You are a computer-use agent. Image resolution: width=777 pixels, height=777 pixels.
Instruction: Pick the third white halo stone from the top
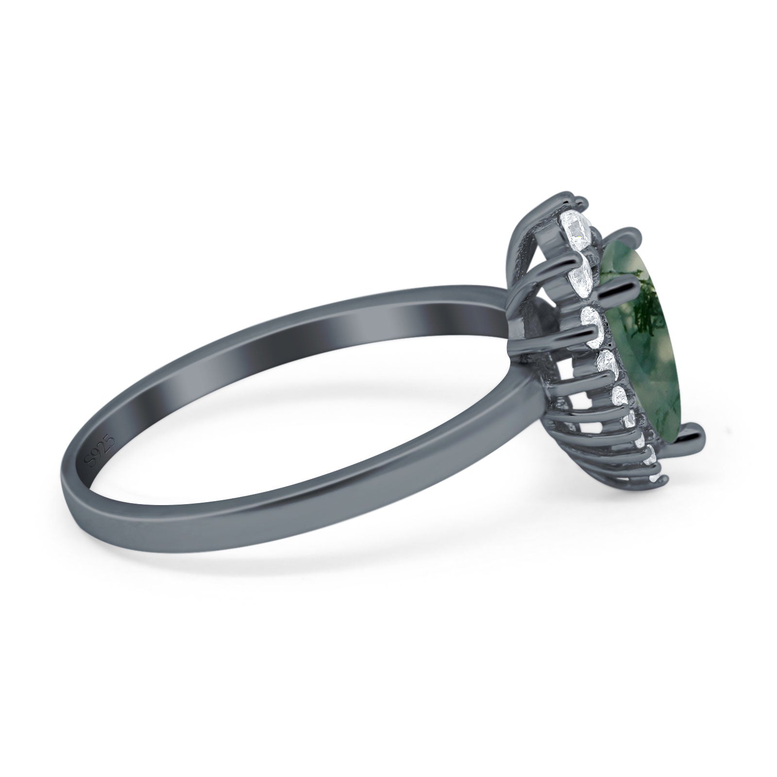590,322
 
